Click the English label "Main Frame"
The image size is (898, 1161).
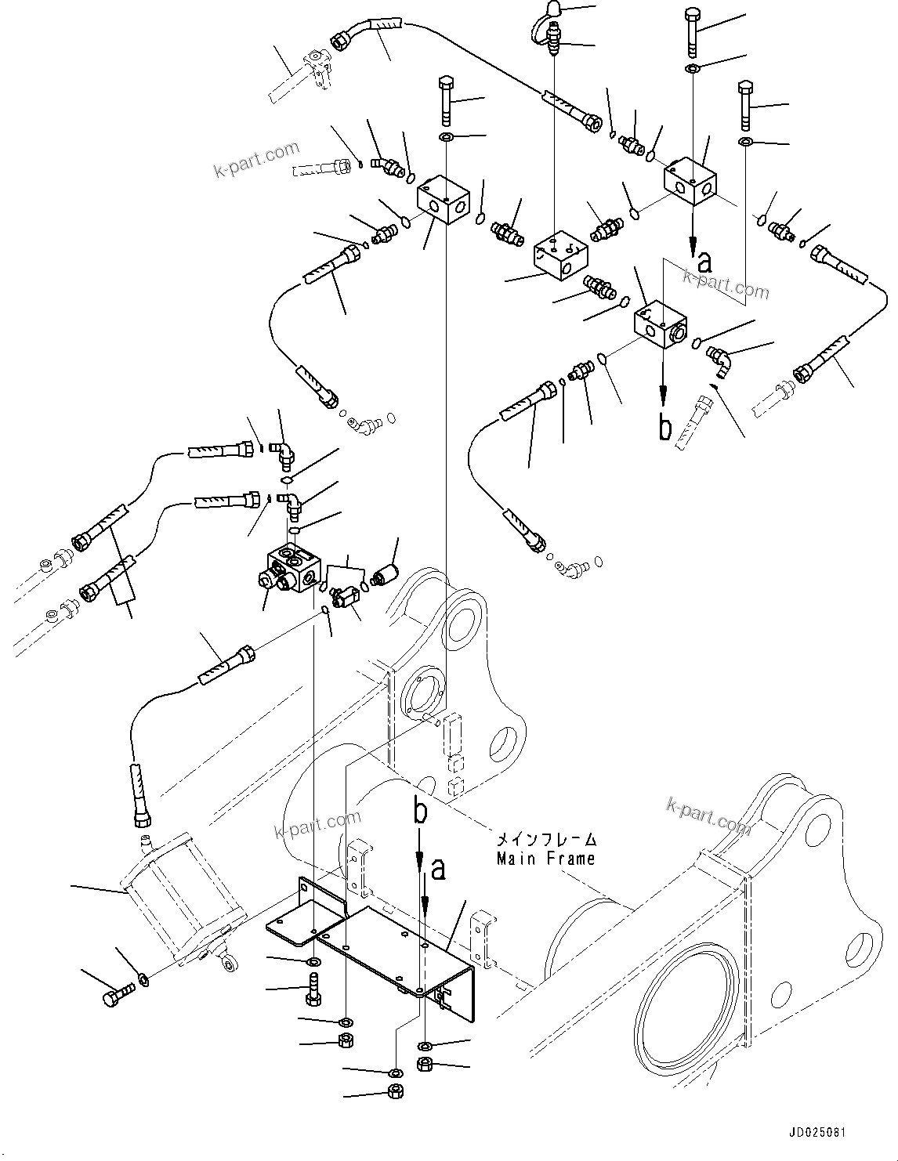click(545, 858)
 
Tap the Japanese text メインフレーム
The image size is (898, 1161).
click(545, 839)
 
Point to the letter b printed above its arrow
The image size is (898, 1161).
click(421, 812)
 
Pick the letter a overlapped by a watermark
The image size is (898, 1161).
click(704, 263)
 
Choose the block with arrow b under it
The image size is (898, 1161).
click(659, 324)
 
